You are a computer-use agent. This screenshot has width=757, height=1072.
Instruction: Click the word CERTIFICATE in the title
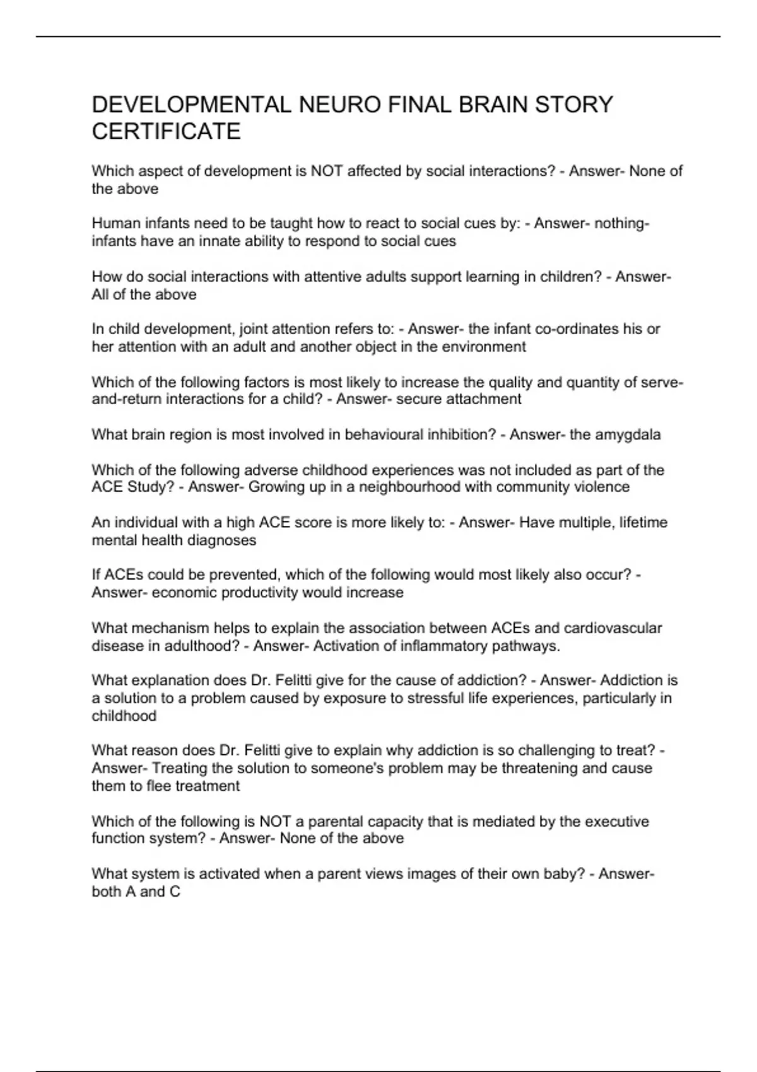166,131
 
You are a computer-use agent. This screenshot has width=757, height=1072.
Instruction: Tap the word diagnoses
225,540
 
